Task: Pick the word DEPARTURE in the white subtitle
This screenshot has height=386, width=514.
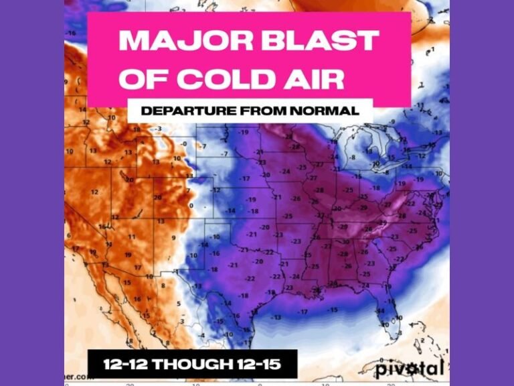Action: (x=186, y=111)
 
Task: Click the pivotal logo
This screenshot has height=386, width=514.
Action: (x=408, y=368)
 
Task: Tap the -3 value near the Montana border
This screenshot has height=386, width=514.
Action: (x=159, y=129)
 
